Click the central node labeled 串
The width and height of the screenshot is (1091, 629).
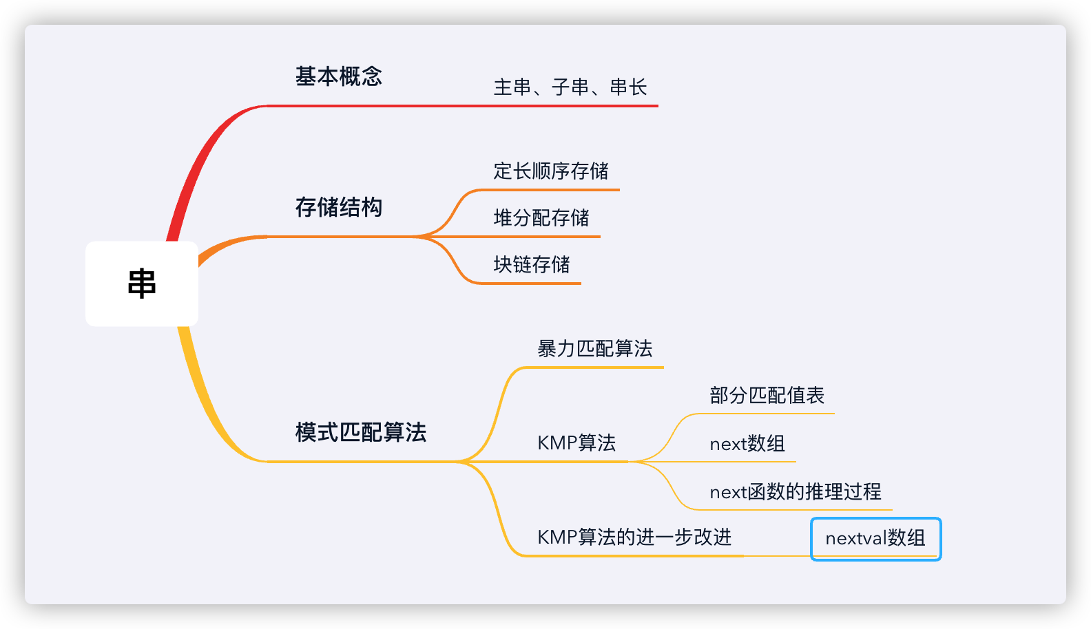142,284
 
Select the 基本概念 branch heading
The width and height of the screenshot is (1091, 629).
338,76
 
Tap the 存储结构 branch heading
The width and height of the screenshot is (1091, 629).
338,207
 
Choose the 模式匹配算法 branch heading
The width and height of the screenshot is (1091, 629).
360,432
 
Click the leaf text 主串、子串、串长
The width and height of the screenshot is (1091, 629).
570,87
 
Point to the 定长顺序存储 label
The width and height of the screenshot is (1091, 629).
551,171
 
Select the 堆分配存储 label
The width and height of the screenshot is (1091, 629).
541,217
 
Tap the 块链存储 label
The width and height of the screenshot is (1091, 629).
532,264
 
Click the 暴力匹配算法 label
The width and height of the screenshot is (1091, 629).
594,349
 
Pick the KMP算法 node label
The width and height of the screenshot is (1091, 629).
576,443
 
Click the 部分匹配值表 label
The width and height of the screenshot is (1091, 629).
767,396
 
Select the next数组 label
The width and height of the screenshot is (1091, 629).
747,444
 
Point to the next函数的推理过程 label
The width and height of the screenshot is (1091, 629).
796,492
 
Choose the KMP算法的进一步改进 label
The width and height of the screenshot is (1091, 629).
634,537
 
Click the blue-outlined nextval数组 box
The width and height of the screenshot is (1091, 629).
875,538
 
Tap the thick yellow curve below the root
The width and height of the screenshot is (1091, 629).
200,399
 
